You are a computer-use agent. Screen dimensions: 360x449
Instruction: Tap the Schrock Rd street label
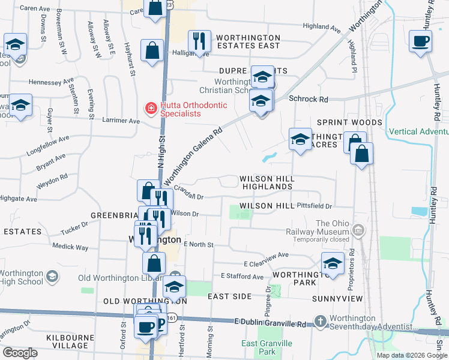click(309, 99)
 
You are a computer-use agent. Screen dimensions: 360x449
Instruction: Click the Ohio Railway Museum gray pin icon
click(358, 229)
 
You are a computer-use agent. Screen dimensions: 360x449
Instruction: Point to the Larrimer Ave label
click(123, 121)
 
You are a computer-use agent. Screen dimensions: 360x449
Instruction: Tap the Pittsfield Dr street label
click(314, 205)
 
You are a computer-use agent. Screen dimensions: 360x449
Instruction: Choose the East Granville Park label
click(267, 347)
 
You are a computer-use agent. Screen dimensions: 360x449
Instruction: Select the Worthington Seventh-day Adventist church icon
click(320, 322)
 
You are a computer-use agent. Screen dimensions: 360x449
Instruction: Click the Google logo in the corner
click(20, 353)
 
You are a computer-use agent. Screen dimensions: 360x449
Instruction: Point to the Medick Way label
click(70, 247)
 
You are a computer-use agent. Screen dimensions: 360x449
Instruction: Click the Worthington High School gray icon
click(52, 276)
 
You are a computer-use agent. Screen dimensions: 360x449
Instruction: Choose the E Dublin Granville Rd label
click(270, 323)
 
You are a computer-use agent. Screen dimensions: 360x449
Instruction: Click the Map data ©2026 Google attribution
click(412, 355)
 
